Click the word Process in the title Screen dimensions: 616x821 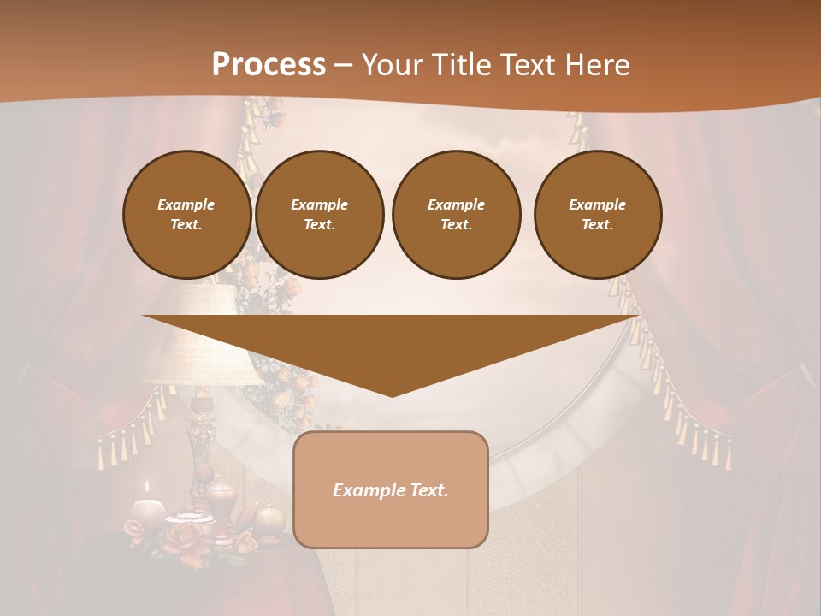(269, 65)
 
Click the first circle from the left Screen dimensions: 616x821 (186, 215)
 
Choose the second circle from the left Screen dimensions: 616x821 (319, 215)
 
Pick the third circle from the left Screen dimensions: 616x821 (456, 215)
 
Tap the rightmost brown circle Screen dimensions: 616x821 (597, 215)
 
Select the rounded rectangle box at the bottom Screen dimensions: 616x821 (391, 489)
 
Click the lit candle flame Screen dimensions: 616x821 (147, 487)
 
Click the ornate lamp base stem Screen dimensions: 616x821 (201, 436)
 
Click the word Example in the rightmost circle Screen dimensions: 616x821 (597, 204)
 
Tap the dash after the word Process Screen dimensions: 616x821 (343, 65)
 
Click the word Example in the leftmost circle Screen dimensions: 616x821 (186, 204)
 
